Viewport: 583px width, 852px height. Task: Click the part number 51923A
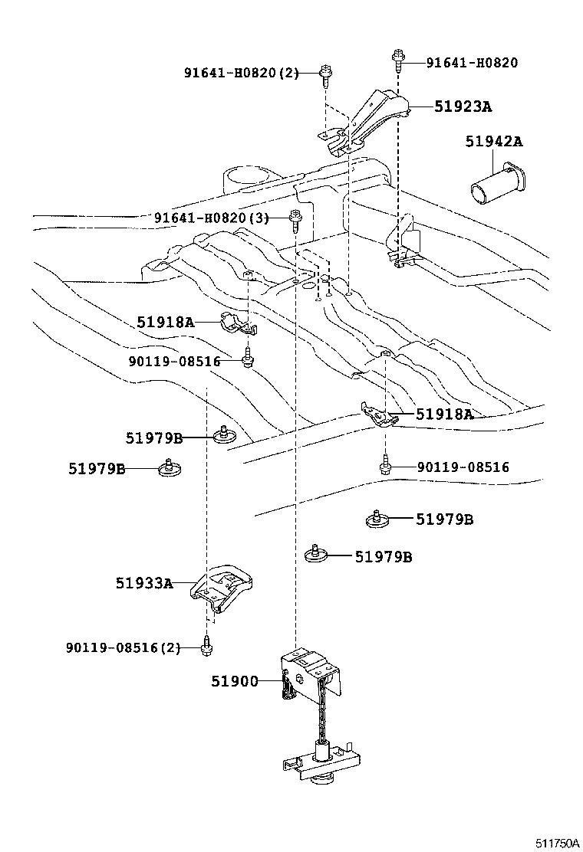tap(463, 107)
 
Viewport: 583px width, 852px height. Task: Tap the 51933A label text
tap(143, 583)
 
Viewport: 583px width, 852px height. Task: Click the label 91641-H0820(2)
tap(240, 74)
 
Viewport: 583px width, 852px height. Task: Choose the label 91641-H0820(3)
tap(212, 218)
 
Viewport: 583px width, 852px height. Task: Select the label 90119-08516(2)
tap(123, 647)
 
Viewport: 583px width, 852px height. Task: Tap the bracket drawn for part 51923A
tap(368, 119)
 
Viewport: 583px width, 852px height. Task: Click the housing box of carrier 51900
tap(307, 673)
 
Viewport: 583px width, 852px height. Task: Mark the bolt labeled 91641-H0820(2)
tap(326, 74)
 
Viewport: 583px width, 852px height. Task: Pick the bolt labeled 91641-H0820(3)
tap(296, 219)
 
